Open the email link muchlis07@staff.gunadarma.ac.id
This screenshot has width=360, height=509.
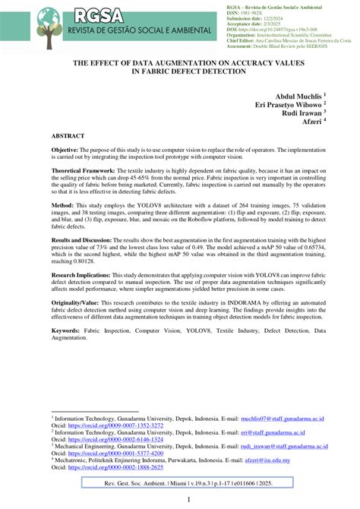click(x=282, y=417)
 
